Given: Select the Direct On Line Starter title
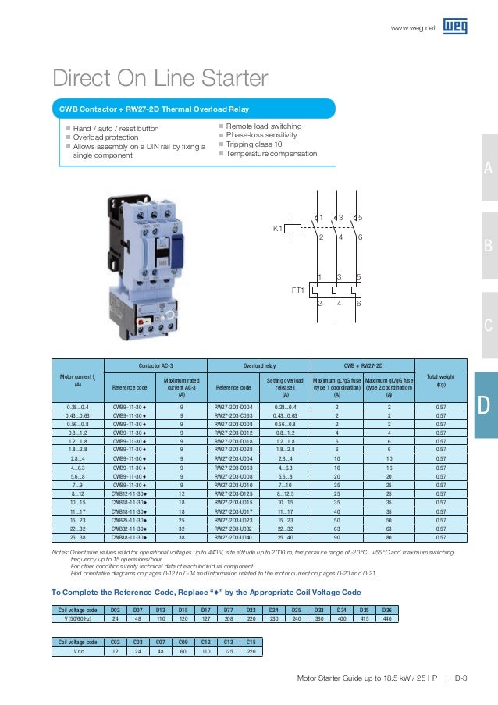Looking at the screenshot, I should pos(160,79).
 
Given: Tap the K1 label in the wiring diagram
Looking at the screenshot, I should pos(277,229).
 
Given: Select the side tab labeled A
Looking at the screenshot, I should pos(488,169).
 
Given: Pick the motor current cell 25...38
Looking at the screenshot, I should pos(77,537).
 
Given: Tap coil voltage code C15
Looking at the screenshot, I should pos(251,642).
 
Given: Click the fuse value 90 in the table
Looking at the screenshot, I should pos(337,537).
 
